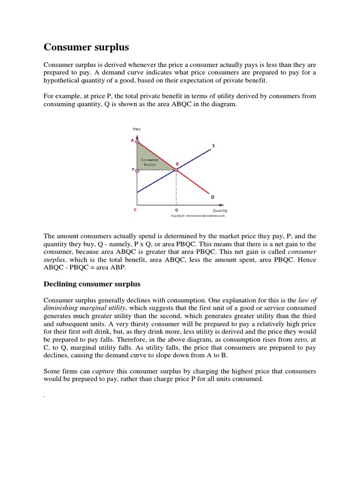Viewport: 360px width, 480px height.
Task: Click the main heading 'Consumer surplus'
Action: [86, 47]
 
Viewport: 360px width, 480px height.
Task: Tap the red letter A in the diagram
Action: [132, 140]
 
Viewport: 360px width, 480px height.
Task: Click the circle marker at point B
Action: [176, 170]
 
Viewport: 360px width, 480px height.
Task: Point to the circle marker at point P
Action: [137, 171]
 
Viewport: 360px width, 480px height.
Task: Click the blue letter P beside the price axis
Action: [133, 171]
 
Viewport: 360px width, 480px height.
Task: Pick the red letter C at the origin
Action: [135, 210]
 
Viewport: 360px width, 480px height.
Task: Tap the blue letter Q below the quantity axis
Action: [176, 210]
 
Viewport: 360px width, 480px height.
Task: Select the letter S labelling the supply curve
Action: [213, 146]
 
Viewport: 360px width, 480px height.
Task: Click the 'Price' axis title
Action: [137, 128]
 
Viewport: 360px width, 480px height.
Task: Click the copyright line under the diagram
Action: [198, 216]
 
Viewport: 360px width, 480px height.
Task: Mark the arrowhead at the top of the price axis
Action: [137, 133]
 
